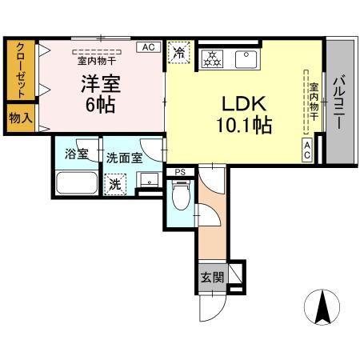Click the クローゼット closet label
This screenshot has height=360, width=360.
coord(19,70)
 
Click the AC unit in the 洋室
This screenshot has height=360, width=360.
coord(148,48)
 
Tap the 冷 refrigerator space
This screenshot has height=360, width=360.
coord(178,52)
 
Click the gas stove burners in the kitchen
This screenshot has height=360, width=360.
coord(212,58)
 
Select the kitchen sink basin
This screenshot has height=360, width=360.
coord(245,58)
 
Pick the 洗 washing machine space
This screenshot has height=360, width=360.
coord(115,183)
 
